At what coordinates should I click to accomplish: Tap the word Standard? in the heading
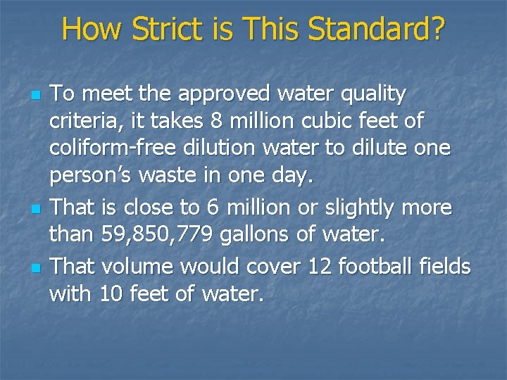click(x=378, y=30)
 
